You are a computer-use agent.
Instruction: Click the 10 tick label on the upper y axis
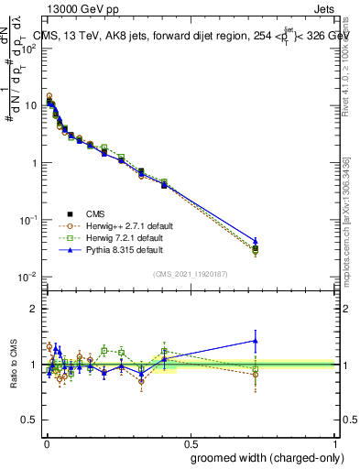pyautogui.click(x=29, y=105)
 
